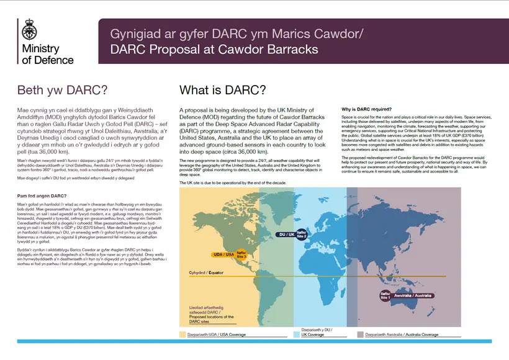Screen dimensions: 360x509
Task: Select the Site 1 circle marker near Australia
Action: pos(385,296)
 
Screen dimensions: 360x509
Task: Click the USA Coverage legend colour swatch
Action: pos(182,335)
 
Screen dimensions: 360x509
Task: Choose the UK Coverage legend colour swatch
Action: pos(297,335)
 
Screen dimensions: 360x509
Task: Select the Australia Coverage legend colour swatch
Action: pos(361,335)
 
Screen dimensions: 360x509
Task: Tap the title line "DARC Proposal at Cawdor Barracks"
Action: pos(214,49)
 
